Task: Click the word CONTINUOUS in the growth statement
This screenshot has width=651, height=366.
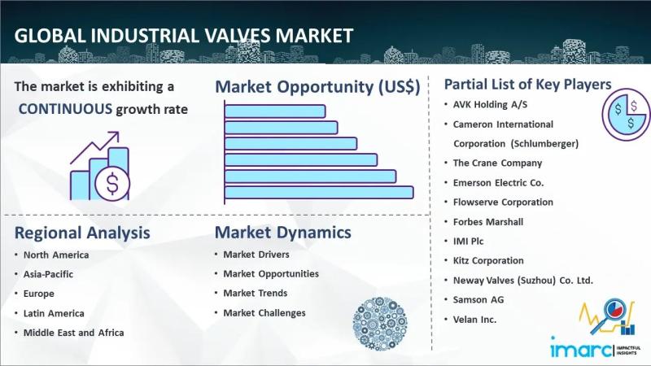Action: click(x=66, y=109)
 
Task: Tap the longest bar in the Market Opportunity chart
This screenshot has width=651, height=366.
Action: click(x=319, y=193)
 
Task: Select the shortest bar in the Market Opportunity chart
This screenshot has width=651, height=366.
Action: click(x=275, y=111)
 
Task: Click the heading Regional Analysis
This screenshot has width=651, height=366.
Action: click(x=82, y=233)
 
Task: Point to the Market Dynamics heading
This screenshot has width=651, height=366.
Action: click(x=282, y=233)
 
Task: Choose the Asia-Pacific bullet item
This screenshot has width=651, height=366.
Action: click(x=48, y=274)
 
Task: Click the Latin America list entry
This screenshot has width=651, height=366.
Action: click(x=54, y=313)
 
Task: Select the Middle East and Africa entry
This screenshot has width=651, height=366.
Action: click(x=73, y=333)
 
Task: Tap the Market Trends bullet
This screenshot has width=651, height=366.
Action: click(x=256, y=294)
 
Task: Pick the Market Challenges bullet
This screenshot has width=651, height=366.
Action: click(x=264, y=313)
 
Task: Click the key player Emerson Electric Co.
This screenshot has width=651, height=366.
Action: click(x=498, y=183)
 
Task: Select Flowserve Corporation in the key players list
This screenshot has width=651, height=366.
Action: click(x=503, y=203)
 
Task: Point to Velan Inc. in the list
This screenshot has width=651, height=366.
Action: click(x=474, y=320)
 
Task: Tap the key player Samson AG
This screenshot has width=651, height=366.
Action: click(x=478, y=300)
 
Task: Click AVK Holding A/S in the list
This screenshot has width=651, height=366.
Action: click(x=490, y=105)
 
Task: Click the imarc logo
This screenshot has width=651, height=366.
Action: click(x=581, y=348)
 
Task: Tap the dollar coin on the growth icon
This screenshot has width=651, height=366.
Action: click(x=112, y=184)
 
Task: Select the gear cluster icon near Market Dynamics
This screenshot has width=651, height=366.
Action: click(x=380, y=324)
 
